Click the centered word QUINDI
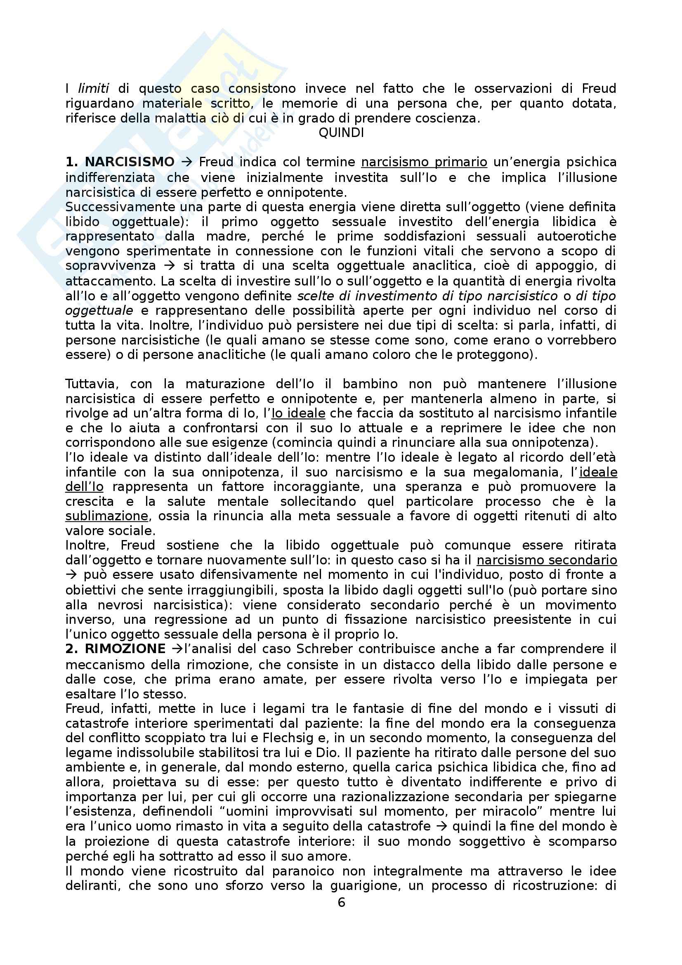point(341,133)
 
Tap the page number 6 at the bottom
point(341,902)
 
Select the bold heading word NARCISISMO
point(130,162)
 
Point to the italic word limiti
point(94,88)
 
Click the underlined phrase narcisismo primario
point(424,162)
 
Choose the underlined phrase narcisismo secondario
point(547,560)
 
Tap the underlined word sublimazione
point(107,516)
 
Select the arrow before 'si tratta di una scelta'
point(171,266)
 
